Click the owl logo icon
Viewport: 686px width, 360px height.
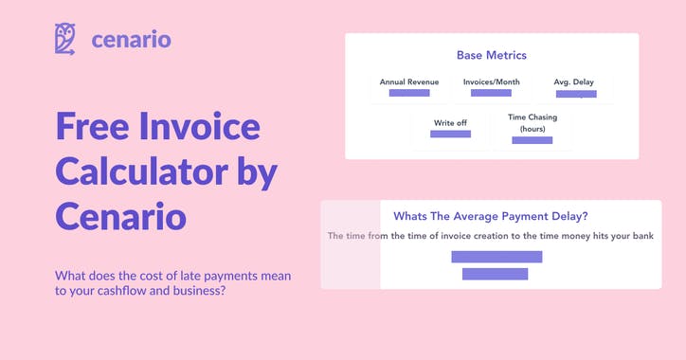[65, 40]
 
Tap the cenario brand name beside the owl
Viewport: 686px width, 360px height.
[132, 40]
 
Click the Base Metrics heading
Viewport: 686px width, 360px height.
[492, 56]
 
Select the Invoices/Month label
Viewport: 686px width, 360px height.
[490, 82]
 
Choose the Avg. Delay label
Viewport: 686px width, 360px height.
[574, 82]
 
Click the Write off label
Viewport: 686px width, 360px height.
[450, 123]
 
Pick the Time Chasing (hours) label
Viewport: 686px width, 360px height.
[532, 123]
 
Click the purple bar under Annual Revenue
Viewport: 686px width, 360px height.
[409, 93]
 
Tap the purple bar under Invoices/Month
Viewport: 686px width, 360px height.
[491, 93]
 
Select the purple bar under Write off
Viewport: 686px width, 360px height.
[450, 135]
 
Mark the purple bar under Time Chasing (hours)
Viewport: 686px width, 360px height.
[532, 140]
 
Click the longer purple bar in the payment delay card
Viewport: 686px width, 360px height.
[496, 257]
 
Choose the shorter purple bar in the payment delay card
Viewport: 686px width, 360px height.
[495, 274]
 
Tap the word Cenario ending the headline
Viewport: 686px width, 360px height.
[120, 215]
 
